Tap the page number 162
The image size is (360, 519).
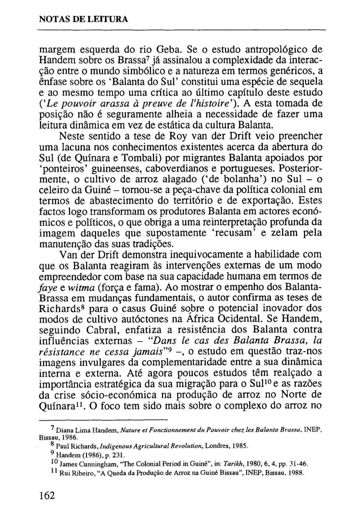[x=47, y=496]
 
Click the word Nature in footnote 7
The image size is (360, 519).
[x=129, y=430]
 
